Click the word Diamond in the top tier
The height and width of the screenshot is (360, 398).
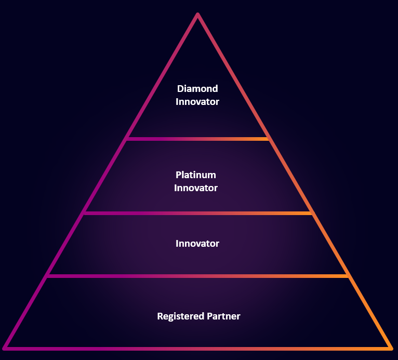coord(197,89)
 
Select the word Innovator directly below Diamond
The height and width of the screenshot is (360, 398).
coord(197,102)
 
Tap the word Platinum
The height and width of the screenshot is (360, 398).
coord(196,175)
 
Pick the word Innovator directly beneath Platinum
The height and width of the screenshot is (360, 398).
coord(196,188)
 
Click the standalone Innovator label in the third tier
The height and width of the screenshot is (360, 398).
coord(197,244)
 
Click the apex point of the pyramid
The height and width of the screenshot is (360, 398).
coord(197,15)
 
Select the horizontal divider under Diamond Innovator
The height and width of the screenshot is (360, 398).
coord(197,139)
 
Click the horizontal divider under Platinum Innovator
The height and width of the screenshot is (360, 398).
coord(197,213)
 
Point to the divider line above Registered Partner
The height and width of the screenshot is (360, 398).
coord(197,276)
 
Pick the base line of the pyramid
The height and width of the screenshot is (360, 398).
coord(197,348)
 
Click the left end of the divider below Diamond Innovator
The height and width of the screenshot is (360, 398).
coord(127,139)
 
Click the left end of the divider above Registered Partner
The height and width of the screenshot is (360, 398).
coord(48,276)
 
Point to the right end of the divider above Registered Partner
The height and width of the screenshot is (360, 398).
coord(347,276)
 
